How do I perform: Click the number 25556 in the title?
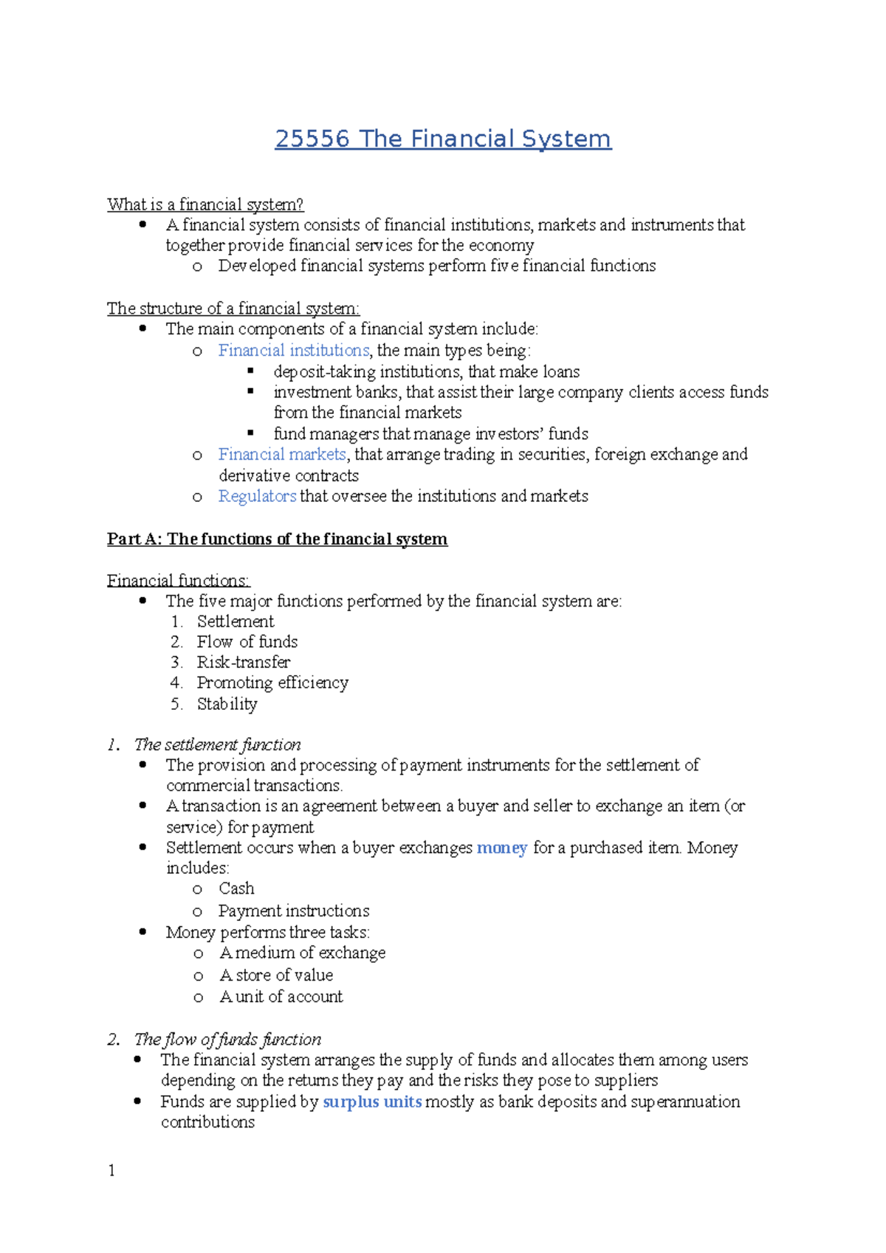click(312, 139)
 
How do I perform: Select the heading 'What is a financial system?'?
click(205, 204)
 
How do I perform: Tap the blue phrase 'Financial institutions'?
click(293, 350)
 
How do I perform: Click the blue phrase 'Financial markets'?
click(281, 455)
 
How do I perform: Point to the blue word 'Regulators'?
click(257, 496)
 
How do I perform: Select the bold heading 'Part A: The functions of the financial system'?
click(277, 539)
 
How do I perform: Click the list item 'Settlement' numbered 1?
click(235, 621)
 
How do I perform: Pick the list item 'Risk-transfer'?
click(243, 662)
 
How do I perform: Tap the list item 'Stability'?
click(227, 704)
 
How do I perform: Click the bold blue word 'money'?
click(502, 848)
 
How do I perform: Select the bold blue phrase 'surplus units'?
click(372, 1102)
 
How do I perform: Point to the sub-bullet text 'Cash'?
click(236, 888)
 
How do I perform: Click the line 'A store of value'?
click(276, 976)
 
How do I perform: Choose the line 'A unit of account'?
click(281, 997)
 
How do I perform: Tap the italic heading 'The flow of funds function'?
click(227, 1040)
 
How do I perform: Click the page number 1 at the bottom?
click(111, 1170)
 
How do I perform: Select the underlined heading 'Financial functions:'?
click(178, 581)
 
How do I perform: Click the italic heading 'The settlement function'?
click(217, 745)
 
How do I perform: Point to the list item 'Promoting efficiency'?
click(272, 683)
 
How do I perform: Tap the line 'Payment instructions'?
click(293, 911)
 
